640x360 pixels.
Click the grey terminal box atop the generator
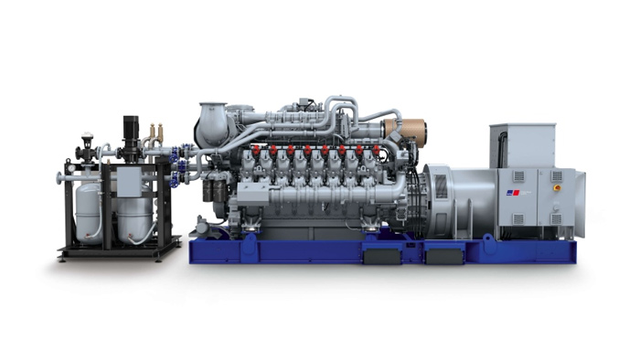(x=522, y=144)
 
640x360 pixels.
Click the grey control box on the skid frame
(x=128, y=184)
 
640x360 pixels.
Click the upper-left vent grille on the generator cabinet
(x=517, y=175)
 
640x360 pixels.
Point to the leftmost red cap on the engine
(x=258, y=148)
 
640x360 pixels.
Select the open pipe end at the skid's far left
(x=59, y=177)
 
